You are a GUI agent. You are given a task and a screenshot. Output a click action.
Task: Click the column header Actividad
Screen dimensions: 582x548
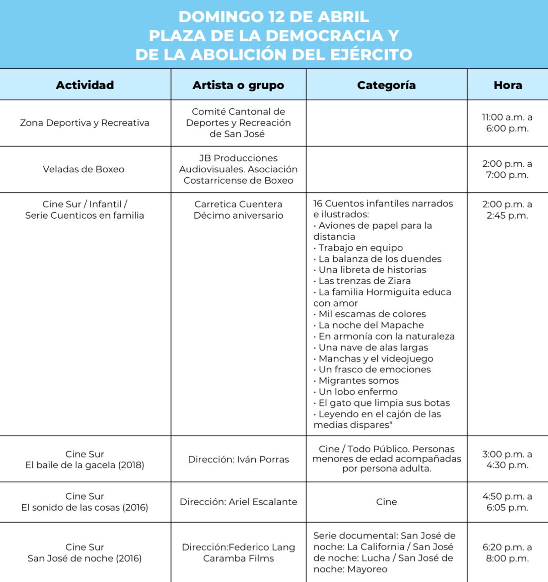pyautogui.click(x=85, y=85)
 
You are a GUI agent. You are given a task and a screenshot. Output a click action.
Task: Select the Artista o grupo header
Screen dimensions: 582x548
pyautogui.click(x=238, y=85)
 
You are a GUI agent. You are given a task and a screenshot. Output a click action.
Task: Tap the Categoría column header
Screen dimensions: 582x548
pyautogui.click(x=386, y=85)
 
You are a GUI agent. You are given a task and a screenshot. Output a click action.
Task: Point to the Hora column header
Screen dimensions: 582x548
pyautogui.click(x=507, y=85)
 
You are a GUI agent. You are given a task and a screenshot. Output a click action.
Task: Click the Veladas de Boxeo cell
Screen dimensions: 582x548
pyautogui.click(x=84, y=169)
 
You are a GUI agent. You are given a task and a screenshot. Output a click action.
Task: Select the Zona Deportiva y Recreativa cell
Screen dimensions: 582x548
pyautogui.click(x=85, y=123)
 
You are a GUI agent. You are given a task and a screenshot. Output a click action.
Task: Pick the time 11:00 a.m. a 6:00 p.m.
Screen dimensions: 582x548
pyautogui.click(x=507, y=123)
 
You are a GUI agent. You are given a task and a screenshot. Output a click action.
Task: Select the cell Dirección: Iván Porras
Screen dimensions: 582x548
pyautogui.click(x=238, y=459)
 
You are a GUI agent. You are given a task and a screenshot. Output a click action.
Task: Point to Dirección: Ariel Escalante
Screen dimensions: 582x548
pyautogui.click(x=238, y=502)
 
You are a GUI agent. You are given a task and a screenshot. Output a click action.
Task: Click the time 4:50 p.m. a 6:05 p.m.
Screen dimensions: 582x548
pyautogui.click(x=507, y=502)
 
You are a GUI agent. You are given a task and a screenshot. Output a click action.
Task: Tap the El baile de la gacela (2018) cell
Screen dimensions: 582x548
pyautogui.click(x=85, y=465)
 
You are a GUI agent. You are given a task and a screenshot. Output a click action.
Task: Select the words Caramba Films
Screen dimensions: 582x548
pyautogui.click(x=238, y=558)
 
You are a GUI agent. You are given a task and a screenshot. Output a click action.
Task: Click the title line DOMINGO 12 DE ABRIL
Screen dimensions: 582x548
pyautogui.click(x=274, y=17)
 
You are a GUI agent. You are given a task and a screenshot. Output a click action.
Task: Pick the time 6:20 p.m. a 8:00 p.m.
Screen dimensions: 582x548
pyautogui.click(x=507, y=553)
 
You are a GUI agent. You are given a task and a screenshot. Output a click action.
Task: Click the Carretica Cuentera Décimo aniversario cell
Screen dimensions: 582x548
pyautogui.click(x=238, y=210)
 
